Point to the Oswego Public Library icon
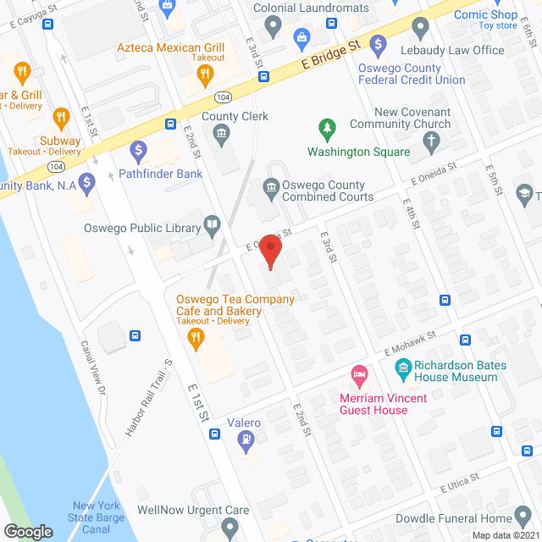213,226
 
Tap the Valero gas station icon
245,439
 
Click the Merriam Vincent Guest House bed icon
359,373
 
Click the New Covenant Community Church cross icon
433,141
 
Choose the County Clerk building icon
222,133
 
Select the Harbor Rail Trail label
149,397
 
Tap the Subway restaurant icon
60,117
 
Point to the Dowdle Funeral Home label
453,518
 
